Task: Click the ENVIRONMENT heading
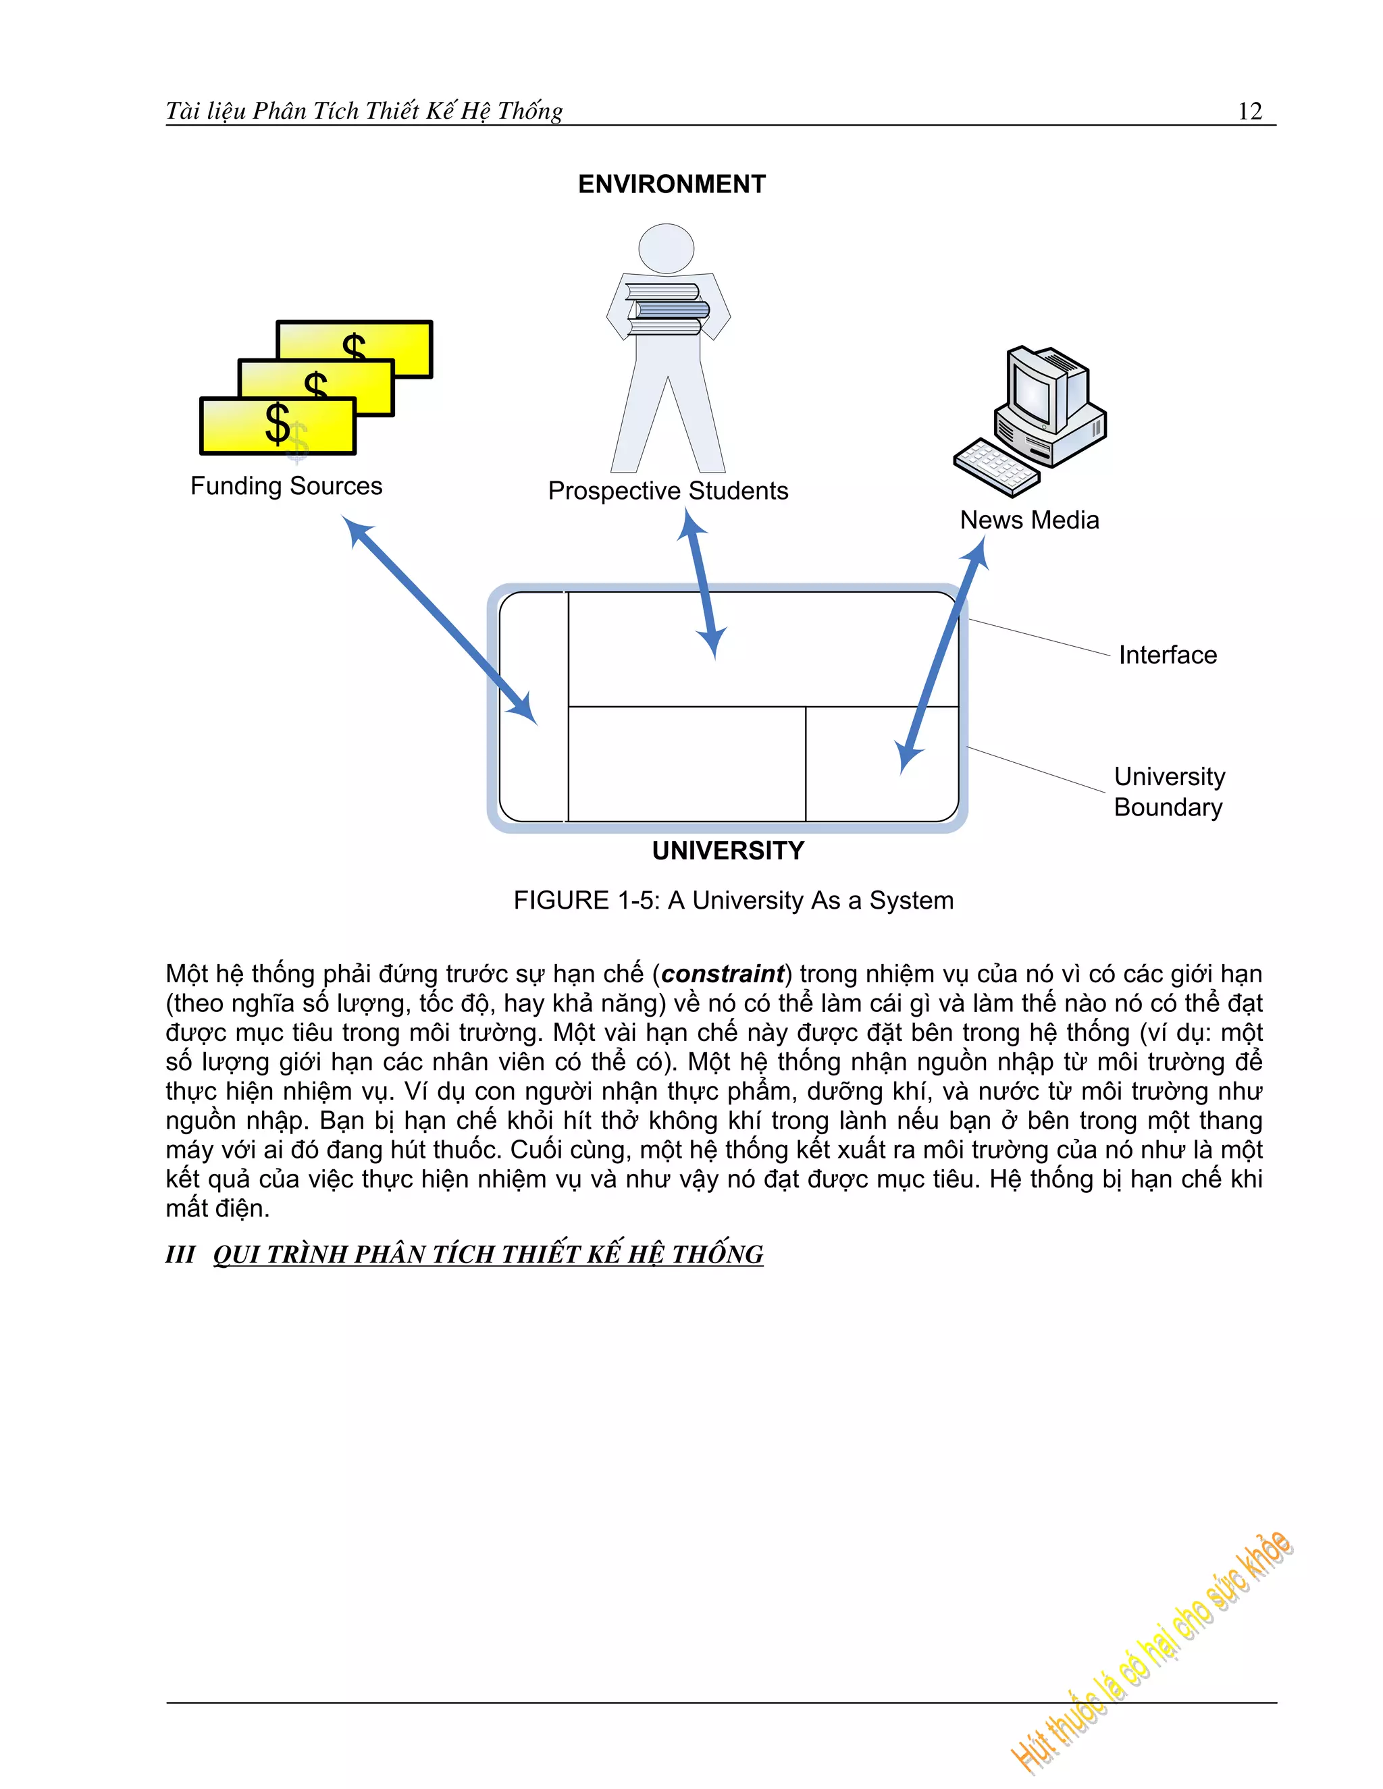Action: pos(672,184)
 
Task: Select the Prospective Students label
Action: pos(668,491)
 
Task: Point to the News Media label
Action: pos(1029,520)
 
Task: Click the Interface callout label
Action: pos(1168,656)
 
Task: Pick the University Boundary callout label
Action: pos(1168,791)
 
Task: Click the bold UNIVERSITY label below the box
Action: pos(727,851)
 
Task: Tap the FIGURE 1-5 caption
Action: pos(733,900)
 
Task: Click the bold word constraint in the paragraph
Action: pos(723,974)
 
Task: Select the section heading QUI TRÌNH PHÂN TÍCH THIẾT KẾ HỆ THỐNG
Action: pos(488,1255)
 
